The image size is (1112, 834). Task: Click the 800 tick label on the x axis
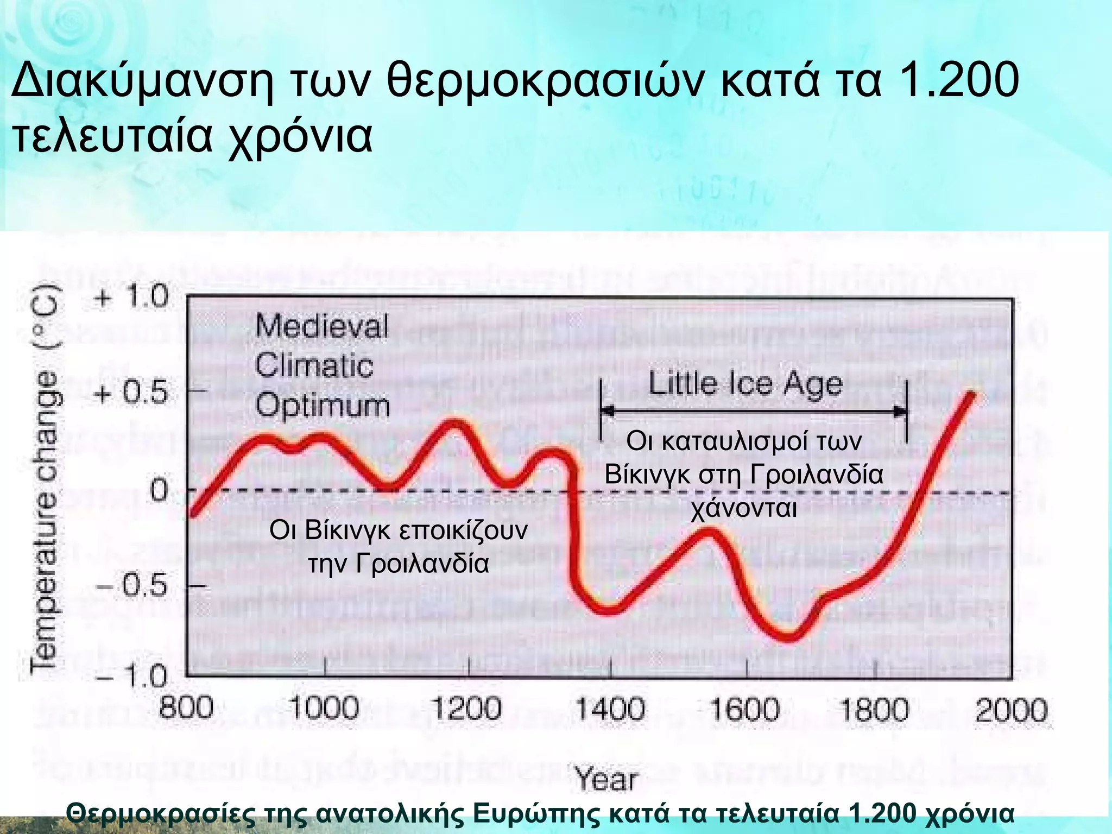[186, 709]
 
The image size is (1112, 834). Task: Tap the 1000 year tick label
[324, 709]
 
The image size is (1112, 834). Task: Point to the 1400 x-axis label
[610, 709]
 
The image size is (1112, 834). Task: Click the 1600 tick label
[745, 709]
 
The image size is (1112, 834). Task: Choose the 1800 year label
[874, 709]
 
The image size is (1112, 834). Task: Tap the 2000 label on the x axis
[1011, 710]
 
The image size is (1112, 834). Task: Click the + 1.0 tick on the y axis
[132, 297]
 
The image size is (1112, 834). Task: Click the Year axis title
[606, 780]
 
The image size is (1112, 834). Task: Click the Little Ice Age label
[745, 384]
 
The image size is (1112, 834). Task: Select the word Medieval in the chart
[322, 326]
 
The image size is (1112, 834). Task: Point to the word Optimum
[323, 406]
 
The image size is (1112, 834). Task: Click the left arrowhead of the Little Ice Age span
[607, 411]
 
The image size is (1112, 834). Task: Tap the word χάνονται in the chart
[743, 509]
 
